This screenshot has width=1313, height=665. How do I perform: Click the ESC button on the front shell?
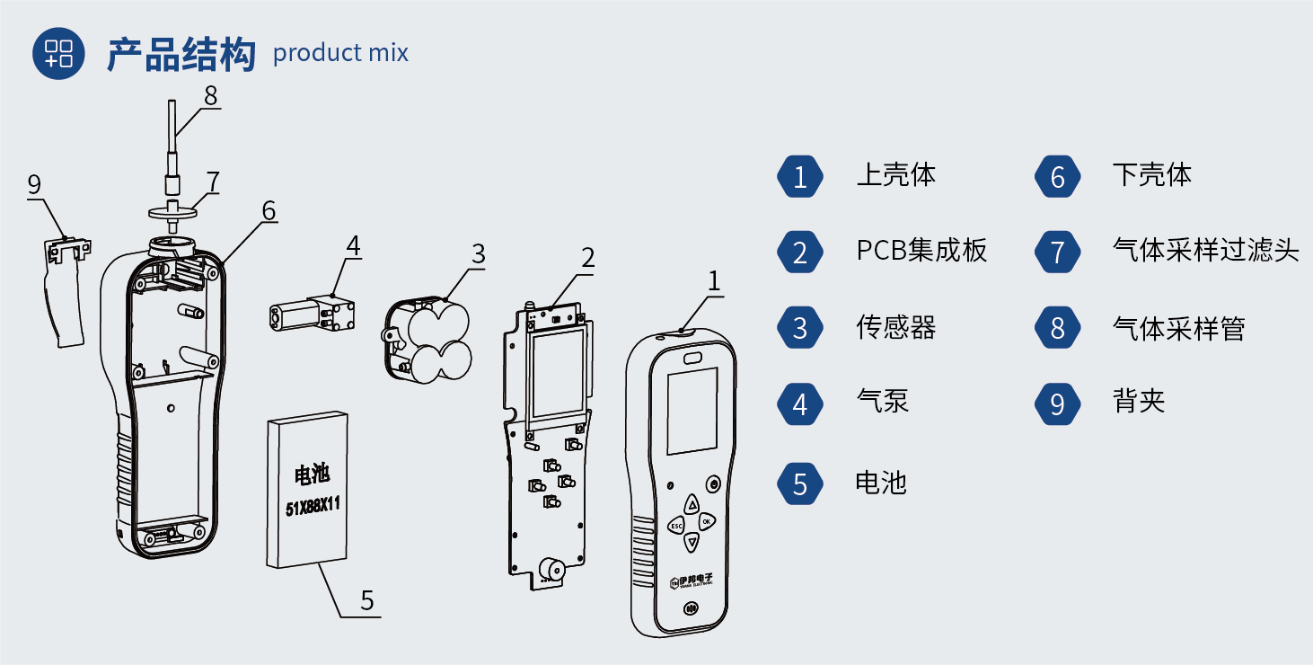click(675, 525)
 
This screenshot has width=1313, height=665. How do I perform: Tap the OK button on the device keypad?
click(707, 521)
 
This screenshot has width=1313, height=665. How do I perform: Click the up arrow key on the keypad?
click(692, 504)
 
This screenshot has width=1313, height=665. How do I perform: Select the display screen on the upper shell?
click(692, 410)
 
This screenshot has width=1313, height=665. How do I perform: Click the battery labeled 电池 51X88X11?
click(308, 491)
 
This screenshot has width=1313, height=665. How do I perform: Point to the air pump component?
click(312, 314)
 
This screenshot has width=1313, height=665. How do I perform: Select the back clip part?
click(65, 288)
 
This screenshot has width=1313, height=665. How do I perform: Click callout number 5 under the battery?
click(366, 600)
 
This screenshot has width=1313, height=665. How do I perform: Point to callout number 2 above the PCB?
click(587, 258)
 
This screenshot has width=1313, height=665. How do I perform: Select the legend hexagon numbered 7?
click(1057, 253)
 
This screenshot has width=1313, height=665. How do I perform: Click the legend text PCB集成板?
click(921, 251)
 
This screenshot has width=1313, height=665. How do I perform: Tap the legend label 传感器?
click(895, 328)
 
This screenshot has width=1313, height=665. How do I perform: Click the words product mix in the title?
click(340, 53)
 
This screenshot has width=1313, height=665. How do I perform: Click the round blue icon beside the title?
click(59, 53)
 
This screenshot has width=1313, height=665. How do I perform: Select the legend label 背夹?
click(1138, 401)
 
